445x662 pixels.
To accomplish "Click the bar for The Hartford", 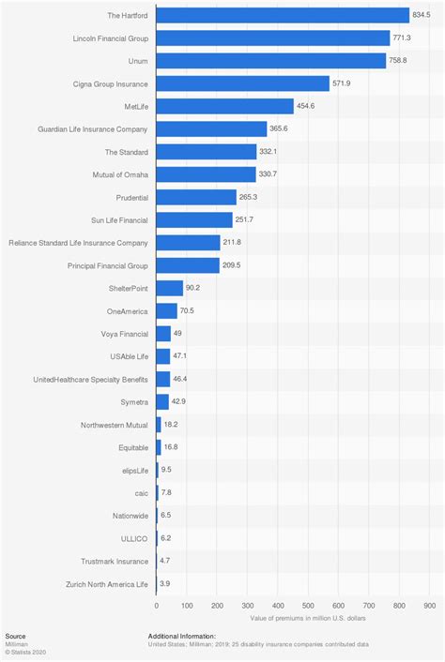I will pos(283,15).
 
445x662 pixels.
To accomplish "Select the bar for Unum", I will pos(271,61).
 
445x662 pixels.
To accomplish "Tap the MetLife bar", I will pos(225,106).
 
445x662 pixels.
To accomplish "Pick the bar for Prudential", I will pos(196,197).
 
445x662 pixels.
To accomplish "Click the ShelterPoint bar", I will pos(170,288).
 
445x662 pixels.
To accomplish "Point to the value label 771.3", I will pos(403,38).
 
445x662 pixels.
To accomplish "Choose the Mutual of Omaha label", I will pos(118,174).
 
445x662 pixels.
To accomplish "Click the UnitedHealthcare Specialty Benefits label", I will pos(90,379).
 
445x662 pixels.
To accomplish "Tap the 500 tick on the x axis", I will pos(309,606).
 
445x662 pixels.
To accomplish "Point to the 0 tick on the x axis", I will pos(157,606).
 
